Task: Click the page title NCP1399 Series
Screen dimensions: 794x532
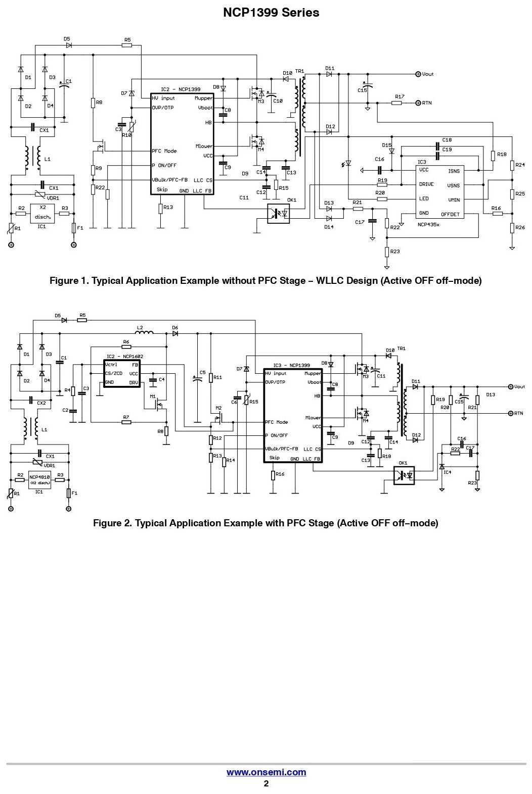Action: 271,13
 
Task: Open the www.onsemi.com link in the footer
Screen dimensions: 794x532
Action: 266,772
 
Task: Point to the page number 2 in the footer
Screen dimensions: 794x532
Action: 266,783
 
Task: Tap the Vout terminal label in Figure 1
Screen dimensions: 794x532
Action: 427,74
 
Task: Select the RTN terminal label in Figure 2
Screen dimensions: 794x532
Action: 518,414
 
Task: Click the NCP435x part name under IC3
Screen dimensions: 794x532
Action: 428,224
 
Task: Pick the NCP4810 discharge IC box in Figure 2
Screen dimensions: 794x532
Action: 39,479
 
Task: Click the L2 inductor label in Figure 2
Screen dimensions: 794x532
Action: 140,328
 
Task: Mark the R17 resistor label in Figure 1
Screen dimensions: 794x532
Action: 400,96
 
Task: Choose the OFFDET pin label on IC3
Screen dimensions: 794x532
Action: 450,214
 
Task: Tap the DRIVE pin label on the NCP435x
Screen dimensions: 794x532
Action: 426,184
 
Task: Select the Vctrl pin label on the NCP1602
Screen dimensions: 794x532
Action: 111,365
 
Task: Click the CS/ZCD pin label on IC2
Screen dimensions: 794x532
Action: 113,373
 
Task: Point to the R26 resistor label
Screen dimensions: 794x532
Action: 520,228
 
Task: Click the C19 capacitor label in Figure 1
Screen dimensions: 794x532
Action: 447,150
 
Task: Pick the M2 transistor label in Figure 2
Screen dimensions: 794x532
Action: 218,408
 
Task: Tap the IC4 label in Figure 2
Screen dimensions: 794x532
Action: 447,472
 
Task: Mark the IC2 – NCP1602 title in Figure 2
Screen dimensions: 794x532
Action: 124,357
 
